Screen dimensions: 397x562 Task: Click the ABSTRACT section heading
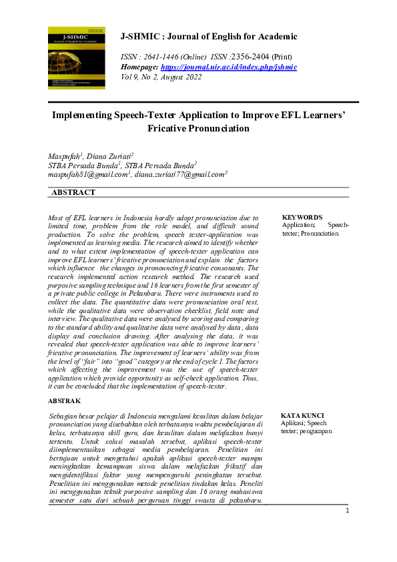click(73, 193)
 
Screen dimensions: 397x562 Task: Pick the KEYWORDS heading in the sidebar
click(302, 218)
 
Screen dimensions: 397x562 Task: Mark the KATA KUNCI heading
click(302, 415)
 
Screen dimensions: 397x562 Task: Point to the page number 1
click(348, 511)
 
